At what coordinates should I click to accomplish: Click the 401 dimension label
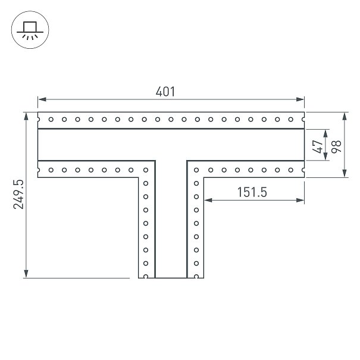(165, 92)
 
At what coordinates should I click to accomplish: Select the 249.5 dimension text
(18, 195)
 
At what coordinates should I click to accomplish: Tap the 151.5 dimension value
(252, 192)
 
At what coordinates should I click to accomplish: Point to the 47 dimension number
(318, 146)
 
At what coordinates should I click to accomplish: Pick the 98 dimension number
(336, 146)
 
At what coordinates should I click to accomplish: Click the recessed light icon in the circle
(30, 31)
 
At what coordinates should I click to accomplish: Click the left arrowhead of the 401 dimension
(42, 99)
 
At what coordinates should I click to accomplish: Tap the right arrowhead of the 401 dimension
(300, 99)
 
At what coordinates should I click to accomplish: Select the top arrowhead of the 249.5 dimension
(26, 117)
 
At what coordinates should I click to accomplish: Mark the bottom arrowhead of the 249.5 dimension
(26, 274)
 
